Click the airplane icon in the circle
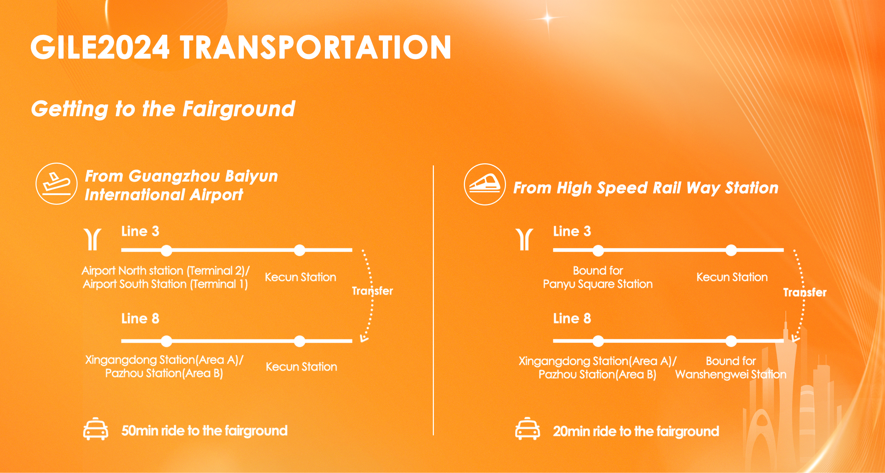point(57,184)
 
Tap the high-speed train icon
point(485,184)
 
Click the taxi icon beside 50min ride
point(96,429)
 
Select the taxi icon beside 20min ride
point(527,429)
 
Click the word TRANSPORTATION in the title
point(316,47)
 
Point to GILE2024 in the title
point(100,47)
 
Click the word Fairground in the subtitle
point(239,109)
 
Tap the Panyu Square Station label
point(598,284)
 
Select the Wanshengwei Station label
point(731,374)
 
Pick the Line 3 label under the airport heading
point(140,231)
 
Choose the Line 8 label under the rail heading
point(572,318)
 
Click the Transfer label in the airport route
point(372,291)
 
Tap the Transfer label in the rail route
point(805,292)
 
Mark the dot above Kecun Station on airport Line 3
point(299,250)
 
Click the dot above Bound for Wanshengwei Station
point(731,341)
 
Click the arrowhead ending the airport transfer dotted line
point(364,338)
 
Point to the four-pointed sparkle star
point(548,18)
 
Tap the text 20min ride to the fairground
point(636,431)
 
